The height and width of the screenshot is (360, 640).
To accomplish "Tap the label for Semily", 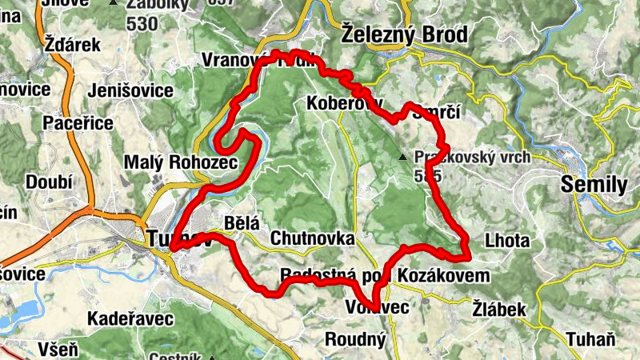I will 595,185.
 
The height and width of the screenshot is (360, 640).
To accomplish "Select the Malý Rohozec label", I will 182,162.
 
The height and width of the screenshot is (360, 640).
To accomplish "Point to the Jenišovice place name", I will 133,90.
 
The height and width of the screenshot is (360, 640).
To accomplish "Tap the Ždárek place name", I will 73,44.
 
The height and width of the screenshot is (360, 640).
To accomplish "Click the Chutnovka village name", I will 312,238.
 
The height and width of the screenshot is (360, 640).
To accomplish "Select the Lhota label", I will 507,241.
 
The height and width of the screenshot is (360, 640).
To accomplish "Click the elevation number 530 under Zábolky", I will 142,23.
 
